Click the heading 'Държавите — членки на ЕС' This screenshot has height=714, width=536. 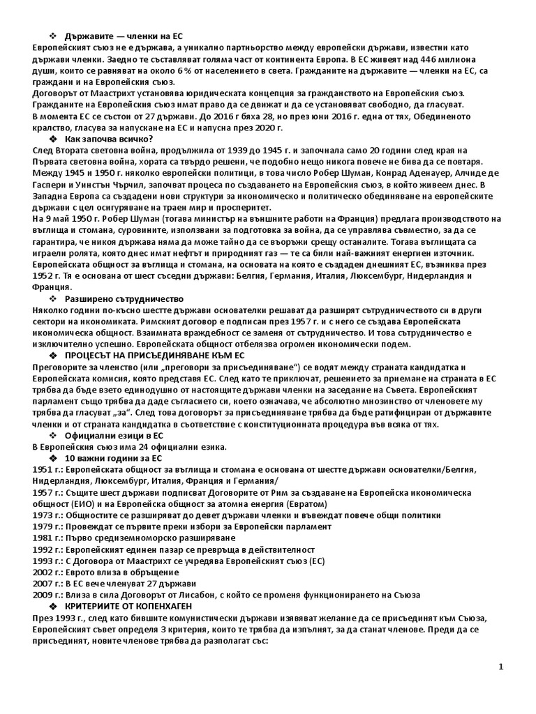pyautogui.click(x=124, y=36)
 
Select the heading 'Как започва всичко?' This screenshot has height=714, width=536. pyautogui.click(x=108, y=139)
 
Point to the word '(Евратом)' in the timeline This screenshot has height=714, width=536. pyautogui.click(x=302, y=504)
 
